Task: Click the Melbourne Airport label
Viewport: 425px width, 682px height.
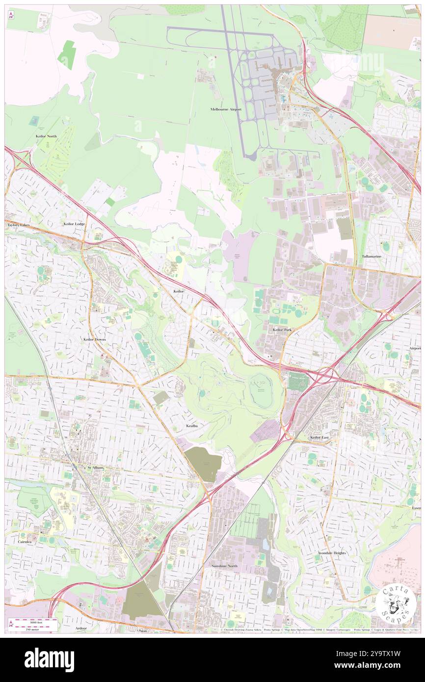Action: click(x=226, y=109)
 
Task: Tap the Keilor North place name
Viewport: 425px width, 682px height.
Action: click(x=46, y=136)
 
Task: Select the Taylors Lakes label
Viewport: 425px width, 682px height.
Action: click(x=18, y=225)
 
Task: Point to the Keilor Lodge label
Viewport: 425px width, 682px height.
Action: click(x=74, y=224)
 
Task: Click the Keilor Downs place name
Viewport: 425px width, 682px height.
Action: click(x=94, y=340)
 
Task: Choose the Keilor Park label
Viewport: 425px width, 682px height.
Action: click(x=282, y=330)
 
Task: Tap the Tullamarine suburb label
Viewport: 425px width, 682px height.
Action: click(x=372, y=257)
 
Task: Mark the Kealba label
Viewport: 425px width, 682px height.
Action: click(x=191, y=426)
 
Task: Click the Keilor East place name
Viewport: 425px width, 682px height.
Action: click(x=319, y=437)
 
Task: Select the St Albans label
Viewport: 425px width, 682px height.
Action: click(x=96, y=468)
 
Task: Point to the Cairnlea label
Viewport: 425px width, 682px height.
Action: click(x=24, y=542)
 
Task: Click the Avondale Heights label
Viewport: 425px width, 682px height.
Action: click(x=332, y=553)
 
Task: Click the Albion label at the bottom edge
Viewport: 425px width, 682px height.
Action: click(x=142, y=630)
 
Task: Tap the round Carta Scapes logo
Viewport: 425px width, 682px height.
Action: click(x=396, y=604)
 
